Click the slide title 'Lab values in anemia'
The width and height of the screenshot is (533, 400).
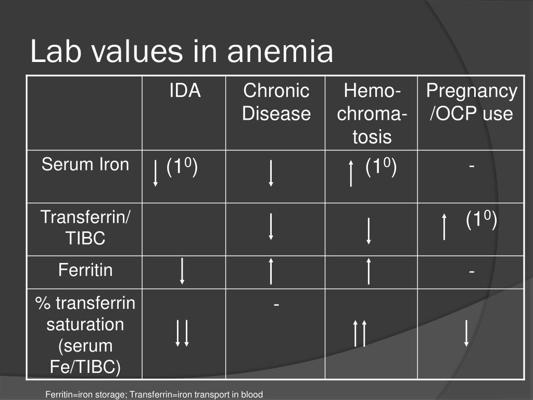181,52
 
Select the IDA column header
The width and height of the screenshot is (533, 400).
184,91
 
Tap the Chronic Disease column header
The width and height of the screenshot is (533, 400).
276,102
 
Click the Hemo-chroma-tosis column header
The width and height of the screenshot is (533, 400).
371,114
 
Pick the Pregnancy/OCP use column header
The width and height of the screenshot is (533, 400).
471,102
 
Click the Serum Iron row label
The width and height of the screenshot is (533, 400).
85,165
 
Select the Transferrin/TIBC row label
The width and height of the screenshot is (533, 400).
85,228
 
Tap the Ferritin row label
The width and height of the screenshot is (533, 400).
85,270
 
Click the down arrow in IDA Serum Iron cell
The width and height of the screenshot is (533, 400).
156,173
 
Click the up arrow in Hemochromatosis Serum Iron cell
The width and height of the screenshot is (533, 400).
351,173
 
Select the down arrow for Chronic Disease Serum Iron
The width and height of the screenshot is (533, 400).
271,173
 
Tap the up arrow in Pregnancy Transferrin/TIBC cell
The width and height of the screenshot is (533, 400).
444,226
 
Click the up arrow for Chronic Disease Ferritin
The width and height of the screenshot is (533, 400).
271,270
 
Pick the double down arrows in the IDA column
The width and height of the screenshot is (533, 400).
182,333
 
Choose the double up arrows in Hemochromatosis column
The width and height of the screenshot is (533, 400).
360,333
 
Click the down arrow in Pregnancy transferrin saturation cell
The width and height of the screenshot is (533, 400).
466,333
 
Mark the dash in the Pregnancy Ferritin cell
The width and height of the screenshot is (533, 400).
471,271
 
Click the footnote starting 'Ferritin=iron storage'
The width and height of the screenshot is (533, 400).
154,394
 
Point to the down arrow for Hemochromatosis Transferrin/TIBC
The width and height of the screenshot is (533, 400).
369,231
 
